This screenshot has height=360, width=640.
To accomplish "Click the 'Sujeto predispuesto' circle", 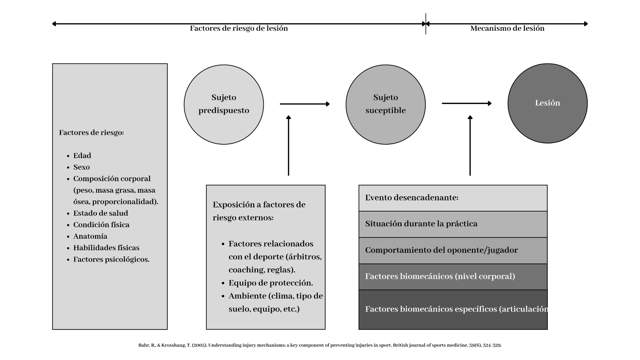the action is (x=224, y=105).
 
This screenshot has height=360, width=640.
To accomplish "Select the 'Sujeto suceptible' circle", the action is (x=386, y=105).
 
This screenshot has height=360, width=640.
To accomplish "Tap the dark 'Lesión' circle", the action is (x=548, y=103).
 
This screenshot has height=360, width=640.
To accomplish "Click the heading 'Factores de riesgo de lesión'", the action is (x=239, y=28).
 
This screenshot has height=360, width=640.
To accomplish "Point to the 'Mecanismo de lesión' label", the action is (x=507, y=28).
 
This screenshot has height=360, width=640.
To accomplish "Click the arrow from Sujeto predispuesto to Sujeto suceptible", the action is (x=305, y=104).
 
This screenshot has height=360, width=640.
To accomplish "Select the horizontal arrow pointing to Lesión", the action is (x=467, y=103).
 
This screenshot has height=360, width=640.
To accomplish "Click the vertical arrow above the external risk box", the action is (x=289, y=146).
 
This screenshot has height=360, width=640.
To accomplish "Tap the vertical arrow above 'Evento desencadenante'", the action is (x=470, y=146).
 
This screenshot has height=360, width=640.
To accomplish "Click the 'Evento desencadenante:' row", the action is (x=453, y=198).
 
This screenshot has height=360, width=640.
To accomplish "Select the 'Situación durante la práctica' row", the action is (x=453, y=224).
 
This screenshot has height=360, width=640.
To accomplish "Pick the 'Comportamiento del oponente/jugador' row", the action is (x=453, y=251).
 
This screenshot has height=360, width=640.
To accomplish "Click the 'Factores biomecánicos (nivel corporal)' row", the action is (x=453, y=277).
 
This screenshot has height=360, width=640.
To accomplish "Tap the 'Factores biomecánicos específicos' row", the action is (x=453, y=309).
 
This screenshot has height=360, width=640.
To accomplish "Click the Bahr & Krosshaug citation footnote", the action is (x=320, y=345).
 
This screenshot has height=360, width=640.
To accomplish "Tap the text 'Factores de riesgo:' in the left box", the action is (x=91, y=132).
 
